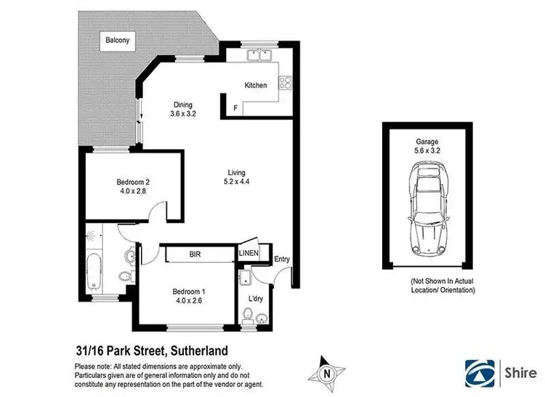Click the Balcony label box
coord(116,41)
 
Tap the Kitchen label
coord(255,85)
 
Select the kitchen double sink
coord(259,55)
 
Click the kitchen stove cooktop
coord(286,84)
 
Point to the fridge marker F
coord(235,108)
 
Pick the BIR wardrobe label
coord(195,254)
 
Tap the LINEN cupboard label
coord(247,254)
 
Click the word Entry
coord(281,260)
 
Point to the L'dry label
coord(255,299)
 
